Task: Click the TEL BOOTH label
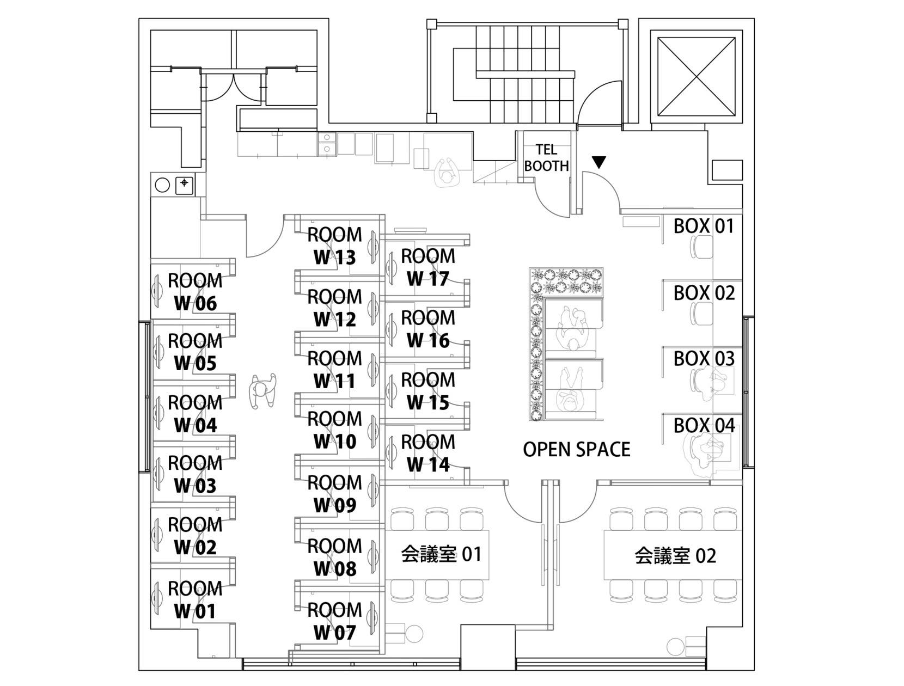tap(546, 158)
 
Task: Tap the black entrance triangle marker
tap(599, 162)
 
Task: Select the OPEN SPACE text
tap(576, 449)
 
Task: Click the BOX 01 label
tap(704, 225)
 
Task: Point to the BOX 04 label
tap(704, 425)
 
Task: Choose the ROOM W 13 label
tap(334, 246)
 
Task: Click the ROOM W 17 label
tap(428, 267)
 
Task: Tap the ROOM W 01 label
tap(195, 599)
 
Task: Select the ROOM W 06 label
tap(195, 292)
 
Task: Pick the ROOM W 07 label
tap(334, 621)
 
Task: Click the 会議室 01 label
tap(441, 554)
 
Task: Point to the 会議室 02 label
tap(675, 555)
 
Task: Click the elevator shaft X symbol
tap(696, 77)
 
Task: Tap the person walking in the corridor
tap(262, 391)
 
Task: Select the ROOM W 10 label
tap(334, 430)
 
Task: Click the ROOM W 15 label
tap(428, 391)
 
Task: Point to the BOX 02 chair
tap(701, 314)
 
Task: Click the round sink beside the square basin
tap(162, 185)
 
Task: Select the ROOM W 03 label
tap(195, 475)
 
